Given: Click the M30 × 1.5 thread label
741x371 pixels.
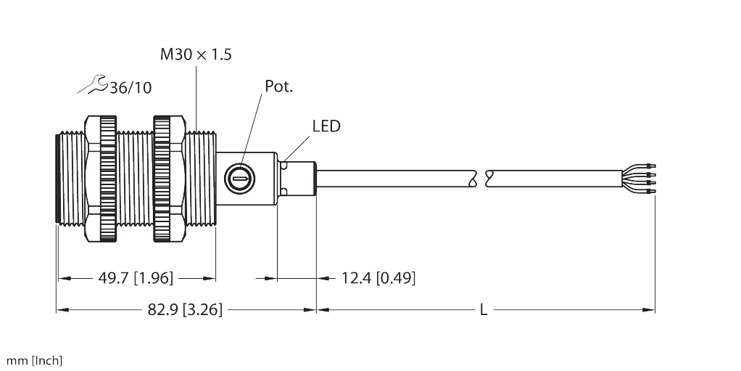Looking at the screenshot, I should (x=196, y=54).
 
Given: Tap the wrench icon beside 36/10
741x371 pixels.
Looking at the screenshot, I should (x=92, y=85).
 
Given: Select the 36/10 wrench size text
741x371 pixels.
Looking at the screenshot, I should (x=131, y=88).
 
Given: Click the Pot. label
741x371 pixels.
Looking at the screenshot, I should (x=278, y=86).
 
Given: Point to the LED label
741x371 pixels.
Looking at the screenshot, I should (x=326, y=126).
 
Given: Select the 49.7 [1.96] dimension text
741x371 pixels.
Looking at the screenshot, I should (x=136, y=277).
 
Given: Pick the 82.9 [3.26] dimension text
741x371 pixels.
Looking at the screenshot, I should (x=185, y=310).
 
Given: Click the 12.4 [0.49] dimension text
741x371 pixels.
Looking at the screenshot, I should (x=378, y=277).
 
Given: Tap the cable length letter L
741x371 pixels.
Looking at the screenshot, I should (x=484, y=310).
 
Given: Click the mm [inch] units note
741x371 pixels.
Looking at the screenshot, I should (x=34, y=361).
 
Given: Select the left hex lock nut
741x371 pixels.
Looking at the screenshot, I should (x=101, y=179).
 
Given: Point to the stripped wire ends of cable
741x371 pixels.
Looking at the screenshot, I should (x=639, y=179).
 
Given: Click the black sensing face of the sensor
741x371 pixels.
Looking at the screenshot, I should (x=58, y=179).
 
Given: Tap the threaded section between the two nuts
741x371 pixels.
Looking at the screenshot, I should (x=135, y=179).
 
